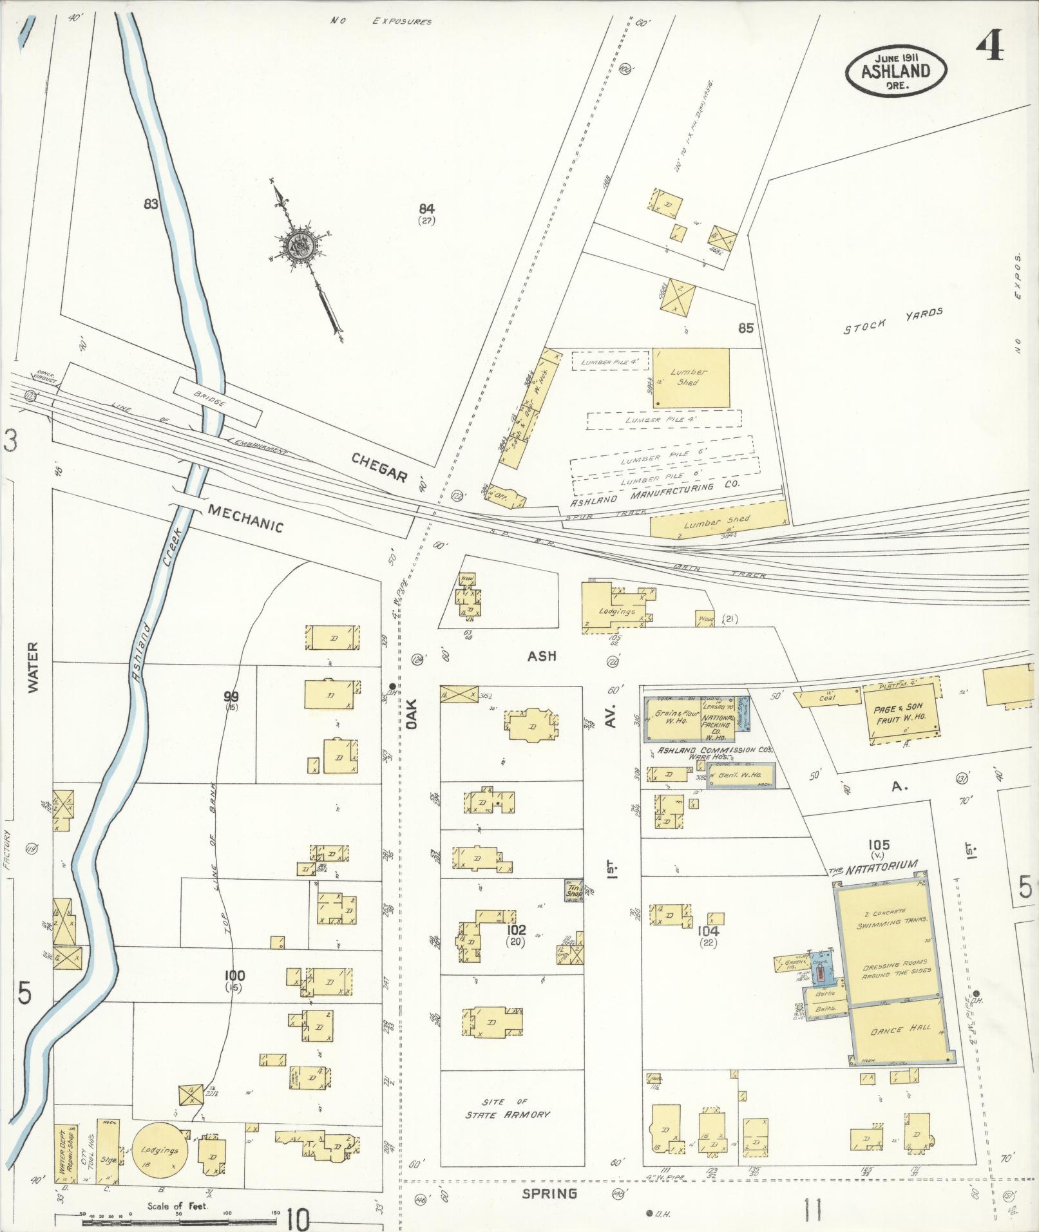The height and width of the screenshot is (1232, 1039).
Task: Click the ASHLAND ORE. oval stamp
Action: tap(896, 71)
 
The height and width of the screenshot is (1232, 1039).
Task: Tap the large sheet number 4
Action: tap(989, 45)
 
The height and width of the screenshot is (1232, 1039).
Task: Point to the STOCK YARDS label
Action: tap(893, 321)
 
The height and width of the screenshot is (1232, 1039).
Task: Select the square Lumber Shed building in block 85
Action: tap(691, 378)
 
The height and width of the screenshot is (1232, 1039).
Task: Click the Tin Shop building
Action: tap(574, 891)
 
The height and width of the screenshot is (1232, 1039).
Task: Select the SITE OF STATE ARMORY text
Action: tap(507, 1108)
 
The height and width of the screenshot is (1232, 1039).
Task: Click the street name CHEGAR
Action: tap(379, 467)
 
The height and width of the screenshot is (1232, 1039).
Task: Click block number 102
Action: tap(516, 930)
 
